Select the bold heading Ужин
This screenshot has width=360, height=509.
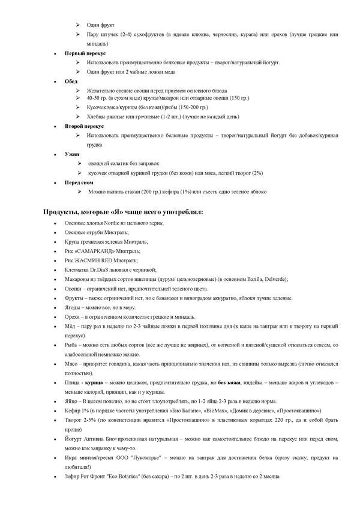click(x=72, y=154)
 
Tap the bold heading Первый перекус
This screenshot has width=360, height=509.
click(x=86, y=53)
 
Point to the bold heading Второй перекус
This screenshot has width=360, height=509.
click(x=85, y=127)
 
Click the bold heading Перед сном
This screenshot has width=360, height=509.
click(x=80, y=182)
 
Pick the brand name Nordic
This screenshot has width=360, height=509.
click(x=116, y=223)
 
